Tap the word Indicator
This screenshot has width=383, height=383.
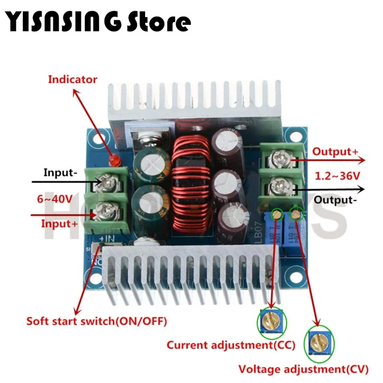pyautogui.click(x=72, y=79)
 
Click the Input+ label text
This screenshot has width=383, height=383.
pyautogui.click(x=59, y=223)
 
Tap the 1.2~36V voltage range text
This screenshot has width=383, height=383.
pyautogui.click(x=337, y=176)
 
